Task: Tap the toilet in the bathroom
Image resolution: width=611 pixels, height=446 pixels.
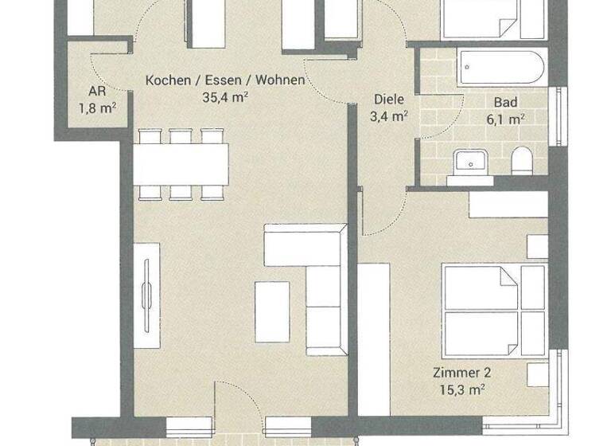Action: [522, 162]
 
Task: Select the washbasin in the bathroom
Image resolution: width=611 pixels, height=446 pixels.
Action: [472, 163]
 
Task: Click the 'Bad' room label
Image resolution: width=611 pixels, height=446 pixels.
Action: [506, 103]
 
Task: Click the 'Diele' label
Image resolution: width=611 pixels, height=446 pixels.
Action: [390, 100]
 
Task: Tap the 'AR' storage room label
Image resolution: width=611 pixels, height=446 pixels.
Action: [98, 91]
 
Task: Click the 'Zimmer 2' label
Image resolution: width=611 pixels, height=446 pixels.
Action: [461, 372]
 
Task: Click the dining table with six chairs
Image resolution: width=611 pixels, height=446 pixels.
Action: [181, 163]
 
